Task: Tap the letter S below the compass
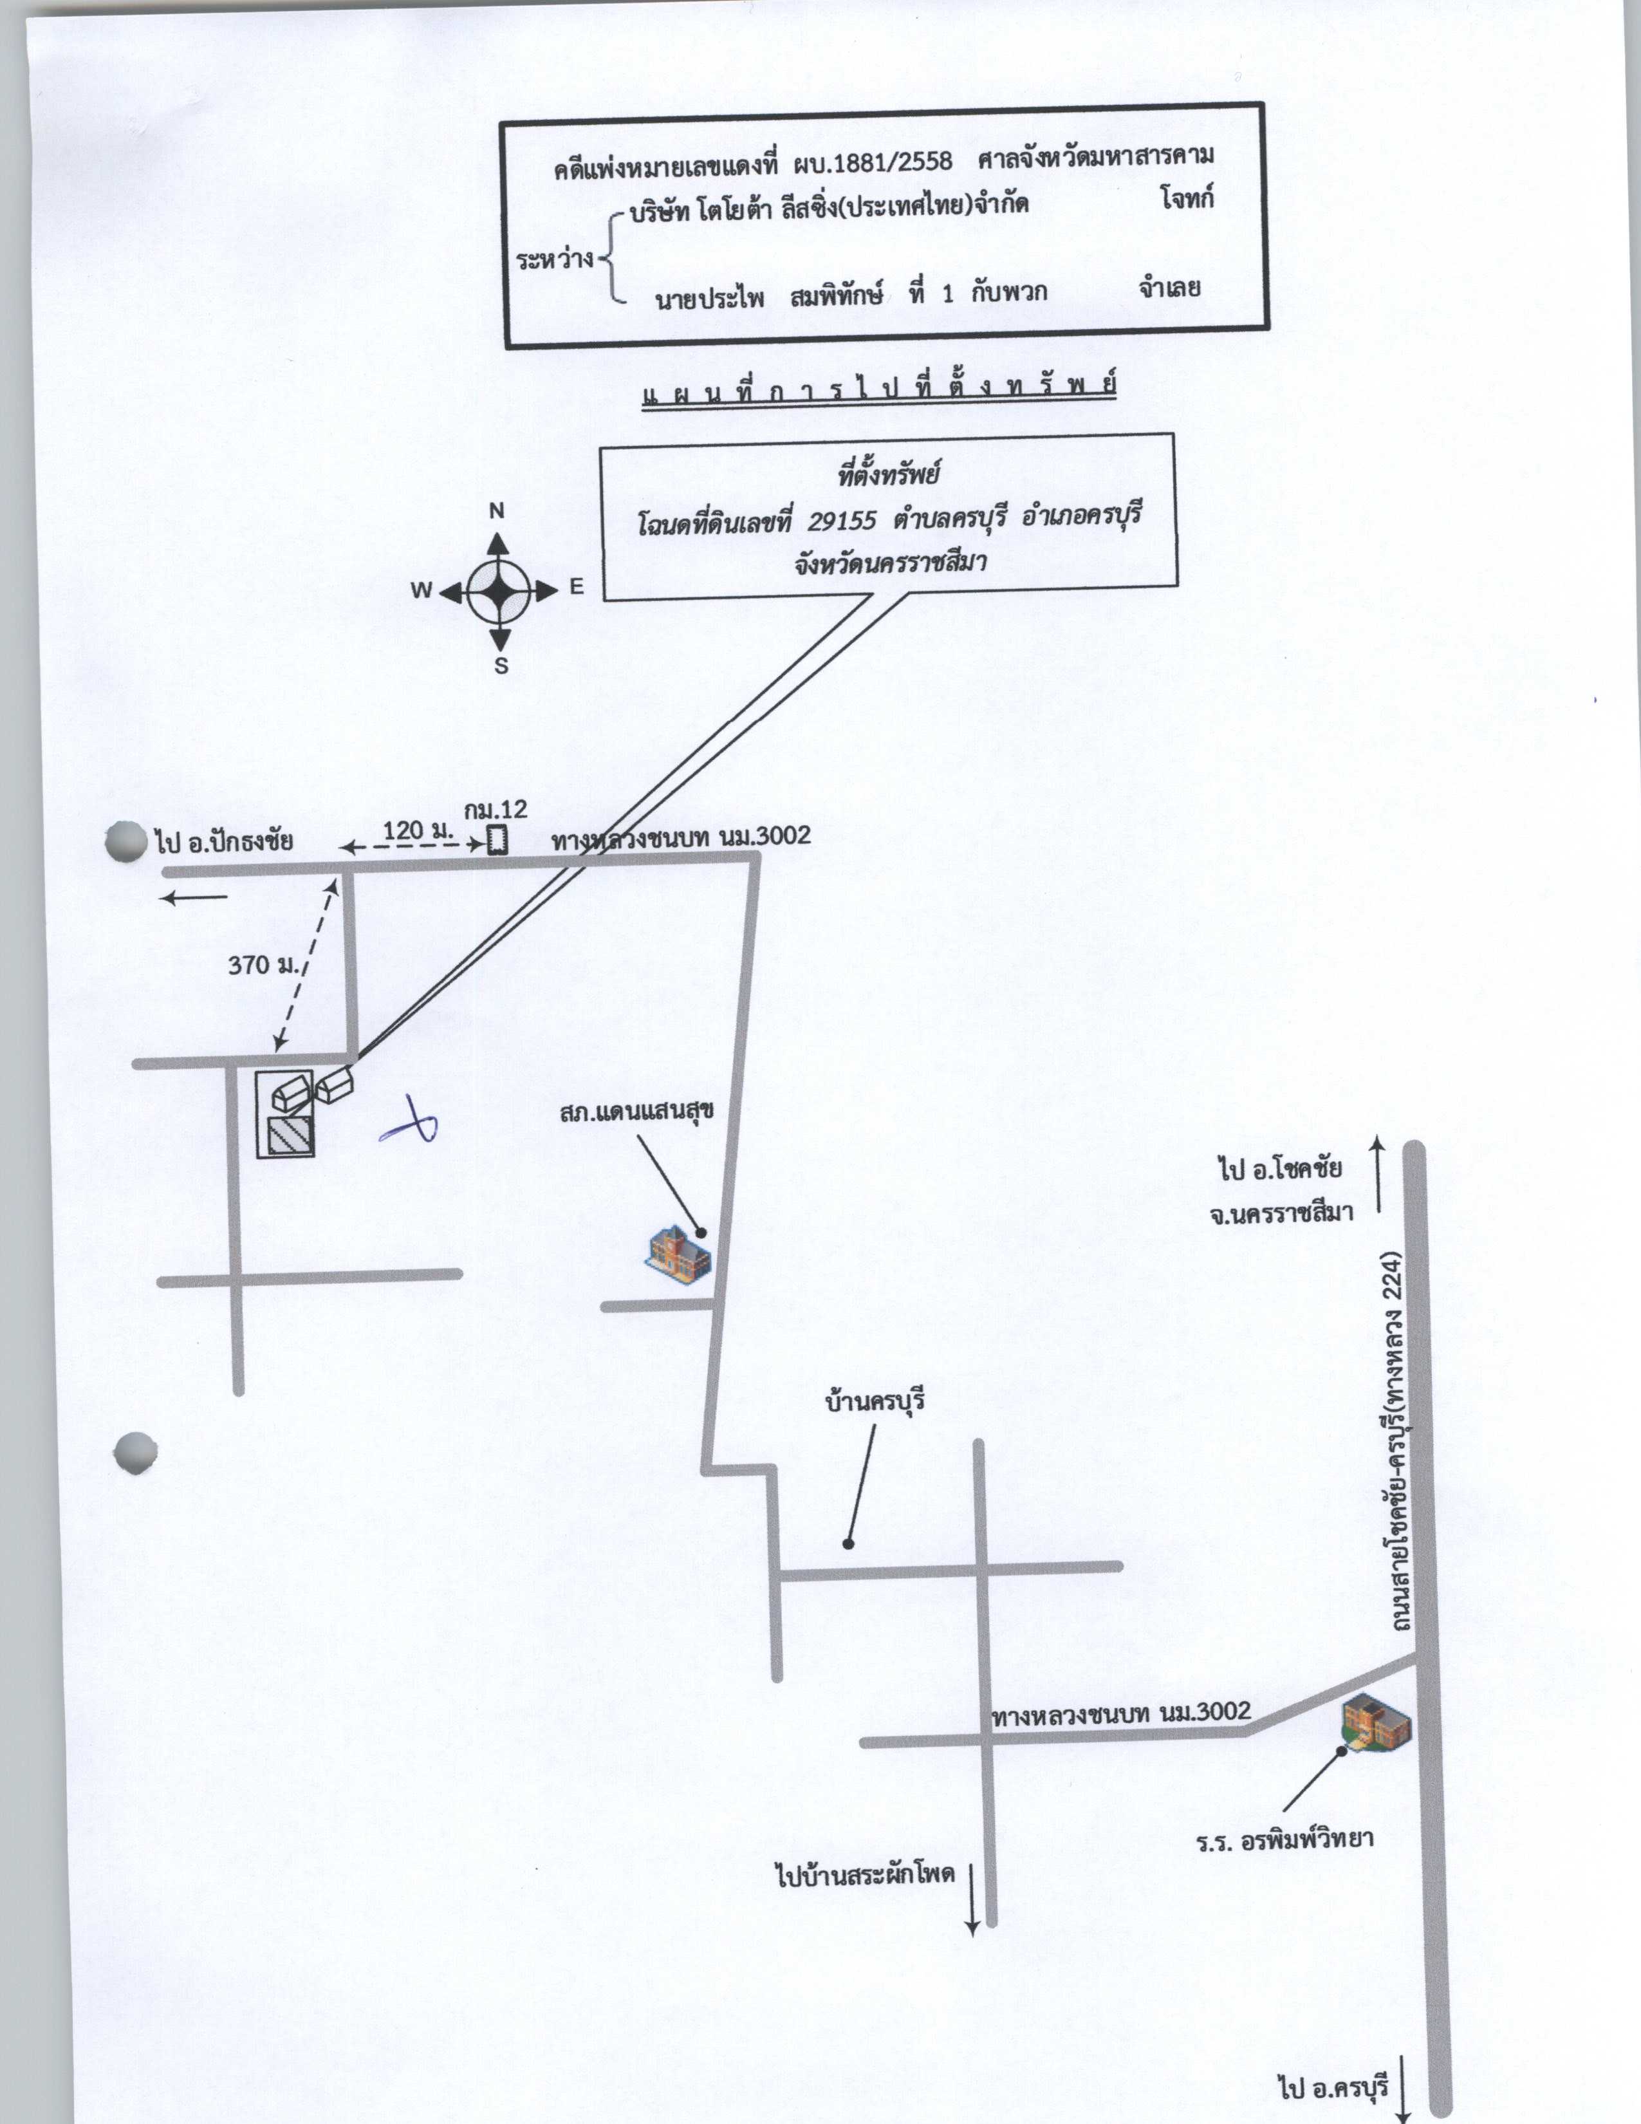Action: coord(502,666)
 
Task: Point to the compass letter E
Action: coord(577,586)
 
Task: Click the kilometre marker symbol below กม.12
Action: coord(497,839)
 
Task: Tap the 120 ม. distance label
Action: coord(418,830)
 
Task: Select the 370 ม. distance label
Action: coord(265,965)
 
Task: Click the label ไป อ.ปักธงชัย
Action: coord(223,841)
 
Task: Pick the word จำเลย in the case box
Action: coord(1169,288)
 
